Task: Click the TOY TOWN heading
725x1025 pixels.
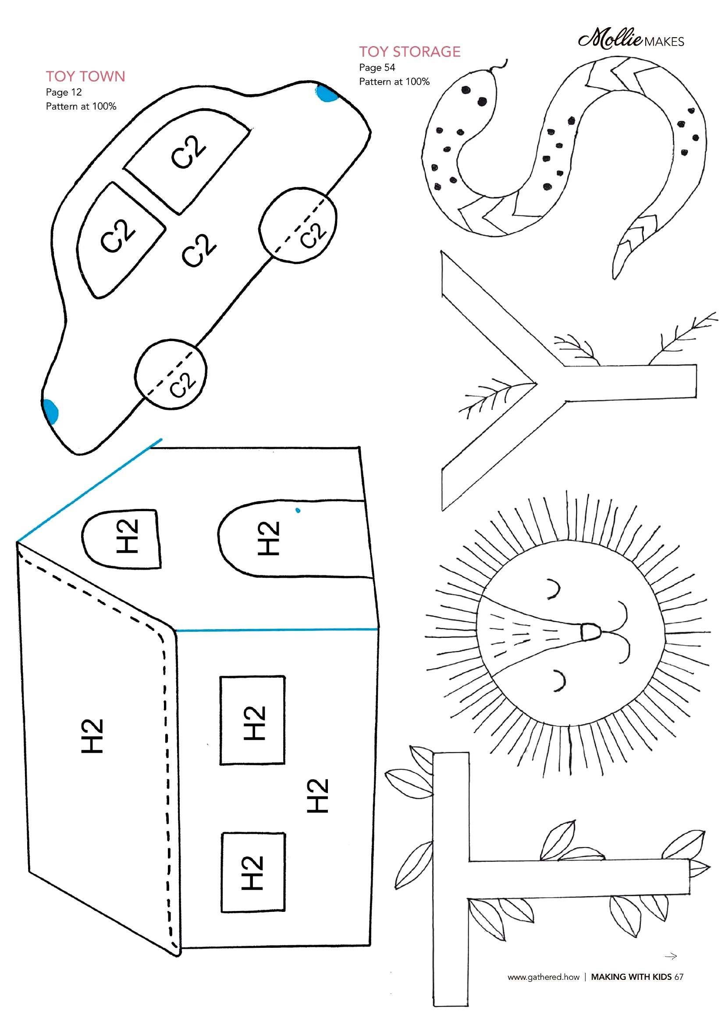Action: click(x=85, y=76)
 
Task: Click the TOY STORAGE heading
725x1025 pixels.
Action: click(x=409, y=52)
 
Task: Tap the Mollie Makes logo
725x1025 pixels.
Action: click(x=631, y=40)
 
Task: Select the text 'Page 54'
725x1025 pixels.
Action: click(x=377, y=68)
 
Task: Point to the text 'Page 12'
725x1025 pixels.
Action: click(x=64, y=93)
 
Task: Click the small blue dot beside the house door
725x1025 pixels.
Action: click(x=298, y=510)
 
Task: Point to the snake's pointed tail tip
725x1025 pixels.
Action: click(x=615, y=276)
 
